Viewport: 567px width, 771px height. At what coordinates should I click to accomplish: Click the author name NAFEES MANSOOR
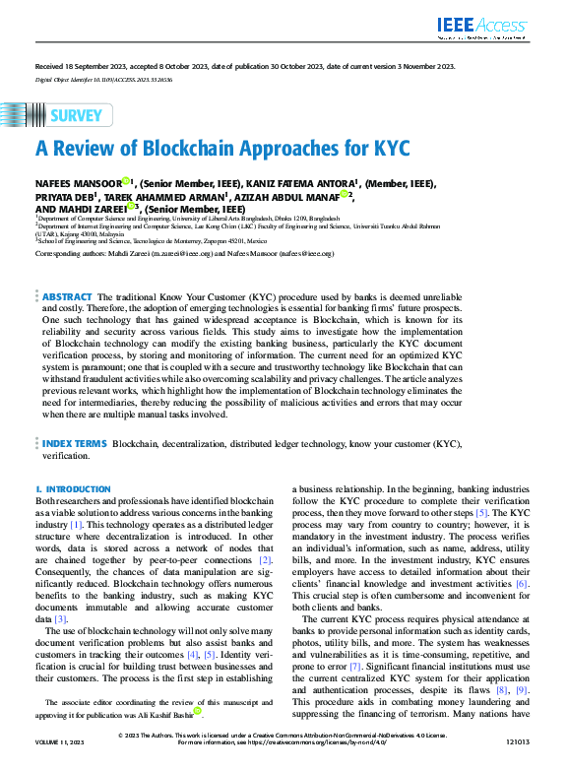pos(78,183)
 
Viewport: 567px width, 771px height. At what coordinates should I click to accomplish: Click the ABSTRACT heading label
pos(67,269)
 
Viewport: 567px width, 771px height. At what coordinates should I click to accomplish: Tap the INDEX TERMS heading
pos(74,445)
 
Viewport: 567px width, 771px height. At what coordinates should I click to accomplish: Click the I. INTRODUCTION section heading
pos(73,489)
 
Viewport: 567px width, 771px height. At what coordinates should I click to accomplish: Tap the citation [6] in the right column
pos(522,584)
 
